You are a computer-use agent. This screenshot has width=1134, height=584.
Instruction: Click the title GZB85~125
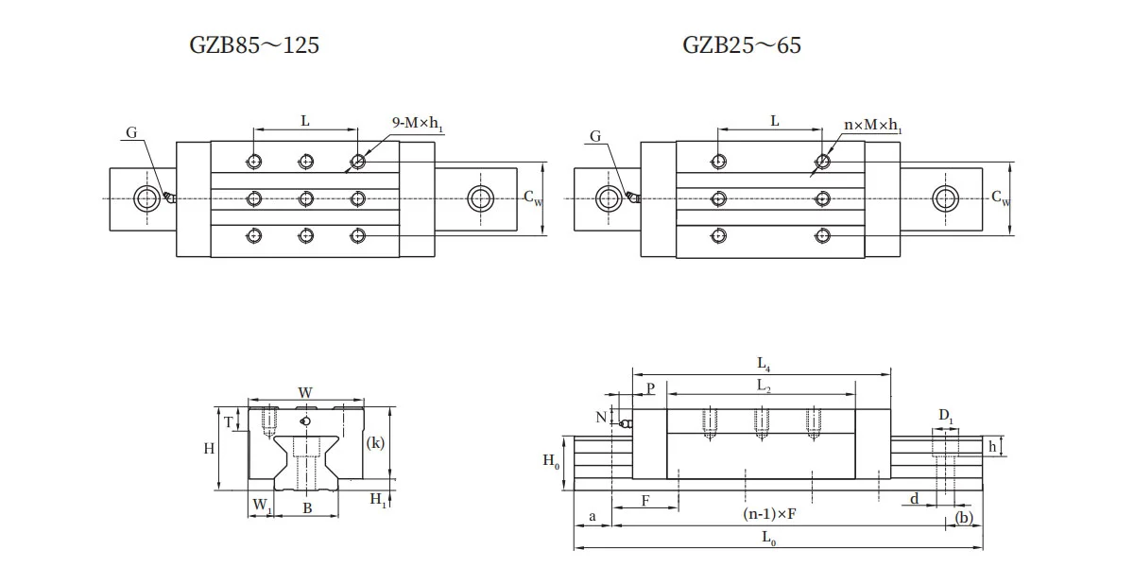(254, 44)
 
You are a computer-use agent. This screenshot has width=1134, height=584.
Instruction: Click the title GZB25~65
(742, 44)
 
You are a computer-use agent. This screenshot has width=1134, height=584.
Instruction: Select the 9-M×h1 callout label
(417, 123)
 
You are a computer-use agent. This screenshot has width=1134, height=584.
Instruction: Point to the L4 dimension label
(763, 362)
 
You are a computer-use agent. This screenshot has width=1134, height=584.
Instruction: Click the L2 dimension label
(762, 386)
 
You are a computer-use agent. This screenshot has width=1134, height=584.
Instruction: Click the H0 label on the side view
(551, 461)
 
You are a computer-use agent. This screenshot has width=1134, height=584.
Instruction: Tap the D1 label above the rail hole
(946, 416)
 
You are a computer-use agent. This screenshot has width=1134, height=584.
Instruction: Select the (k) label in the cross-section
(376, 442)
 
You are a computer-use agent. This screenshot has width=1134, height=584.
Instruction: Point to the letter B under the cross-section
(306, 508)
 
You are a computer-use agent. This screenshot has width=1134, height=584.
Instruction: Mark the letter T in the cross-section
(228, 422)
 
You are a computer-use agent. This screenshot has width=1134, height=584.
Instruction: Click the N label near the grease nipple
(601, 416)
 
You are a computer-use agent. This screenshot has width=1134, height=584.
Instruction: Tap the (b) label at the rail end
(964, 517)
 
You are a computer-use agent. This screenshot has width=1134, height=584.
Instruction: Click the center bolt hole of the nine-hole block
(305, 198)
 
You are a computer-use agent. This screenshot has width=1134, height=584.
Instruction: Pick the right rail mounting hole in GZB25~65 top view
(944, 198)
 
